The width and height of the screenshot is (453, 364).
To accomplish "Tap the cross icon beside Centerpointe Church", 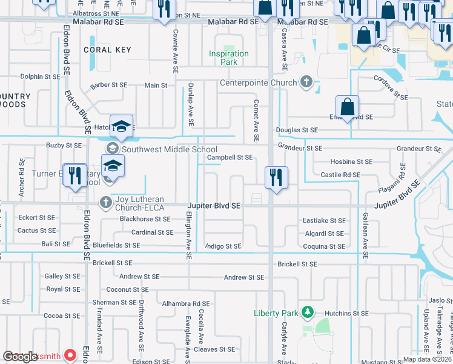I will point(307,83).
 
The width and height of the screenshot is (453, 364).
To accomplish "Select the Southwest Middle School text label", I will point(170,149).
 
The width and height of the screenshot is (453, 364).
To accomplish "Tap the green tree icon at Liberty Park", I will point(308,312).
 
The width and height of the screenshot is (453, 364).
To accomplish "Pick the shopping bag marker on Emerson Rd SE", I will point(347,108).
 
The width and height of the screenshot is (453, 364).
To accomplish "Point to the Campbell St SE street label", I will point(230,157).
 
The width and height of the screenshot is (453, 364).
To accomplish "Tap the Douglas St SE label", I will point(297,130).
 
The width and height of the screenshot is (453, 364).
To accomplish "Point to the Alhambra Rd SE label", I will point(185,303).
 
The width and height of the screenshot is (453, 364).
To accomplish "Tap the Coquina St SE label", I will point(324,246).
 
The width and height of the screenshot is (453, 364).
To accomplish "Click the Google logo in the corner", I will point(20,357).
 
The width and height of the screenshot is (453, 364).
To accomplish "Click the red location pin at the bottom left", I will point(71,356).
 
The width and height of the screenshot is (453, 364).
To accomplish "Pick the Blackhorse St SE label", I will point(145,219).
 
